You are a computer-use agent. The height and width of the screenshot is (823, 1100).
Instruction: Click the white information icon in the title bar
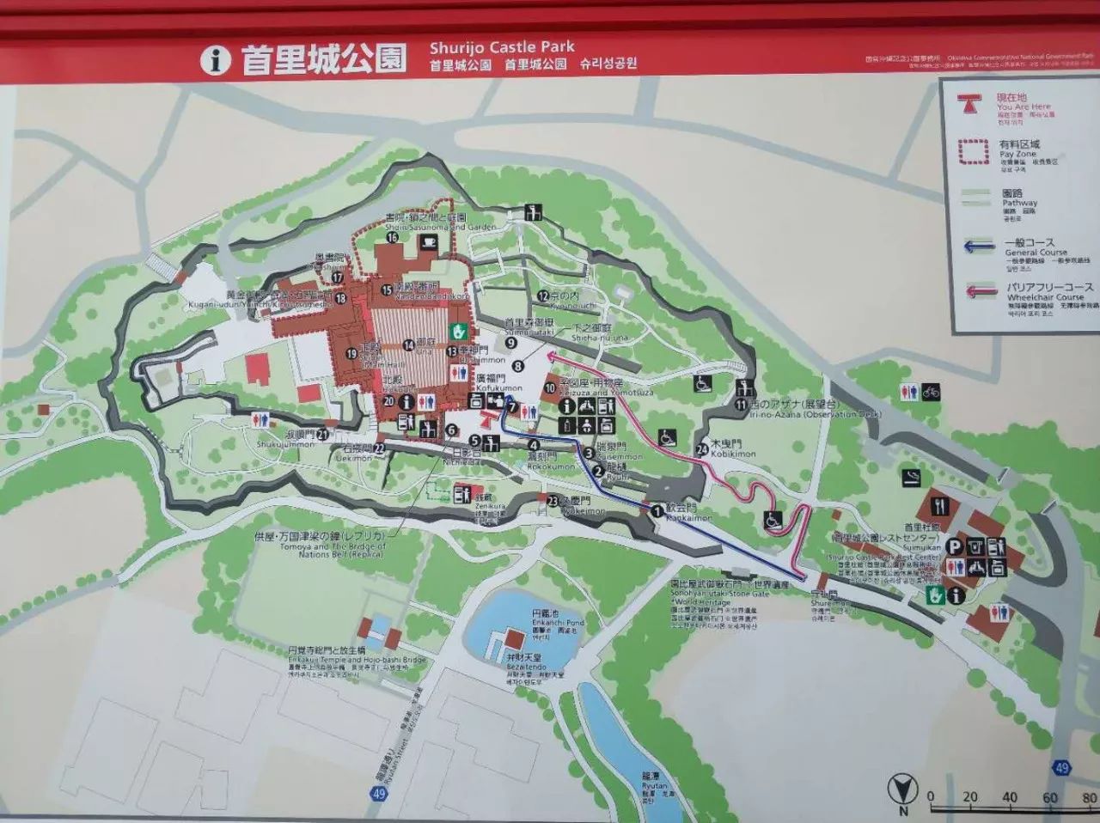click(x=216, y=60)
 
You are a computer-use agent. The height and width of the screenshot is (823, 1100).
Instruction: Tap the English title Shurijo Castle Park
click(x=503, y=46)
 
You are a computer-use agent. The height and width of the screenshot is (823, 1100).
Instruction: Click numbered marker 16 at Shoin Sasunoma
click(x=392, y=238)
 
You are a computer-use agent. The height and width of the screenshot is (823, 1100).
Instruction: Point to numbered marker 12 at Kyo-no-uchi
click(x=542, y=296)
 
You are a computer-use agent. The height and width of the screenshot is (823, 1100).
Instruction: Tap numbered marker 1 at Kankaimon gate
click(x=657, y=510)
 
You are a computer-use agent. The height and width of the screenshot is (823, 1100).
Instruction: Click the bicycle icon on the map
click(x=932, y=392)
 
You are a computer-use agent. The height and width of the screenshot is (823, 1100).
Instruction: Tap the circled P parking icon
click(x=954, y=546)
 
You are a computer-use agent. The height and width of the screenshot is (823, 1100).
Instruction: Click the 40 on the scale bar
click(x=1009, y=796)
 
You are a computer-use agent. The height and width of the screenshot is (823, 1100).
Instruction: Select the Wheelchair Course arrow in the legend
click(x=980, y=292)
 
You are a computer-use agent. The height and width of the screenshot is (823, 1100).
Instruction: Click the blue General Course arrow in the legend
click(x=980, y=247)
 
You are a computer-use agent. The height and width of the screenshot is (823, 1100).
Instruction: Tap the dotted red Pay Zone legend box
click(x=975, y=150)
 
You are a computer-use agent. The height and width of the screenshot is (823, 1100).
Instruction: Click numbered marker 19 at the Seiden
click(x=351, y=353)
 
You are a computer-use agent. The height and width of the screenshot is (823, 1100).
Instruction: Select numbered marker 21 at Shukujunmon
click(x=322, y=434)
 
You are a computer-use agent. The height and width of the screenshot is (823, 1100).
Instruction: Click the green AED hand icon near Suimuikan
click(x=935, y=594)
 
